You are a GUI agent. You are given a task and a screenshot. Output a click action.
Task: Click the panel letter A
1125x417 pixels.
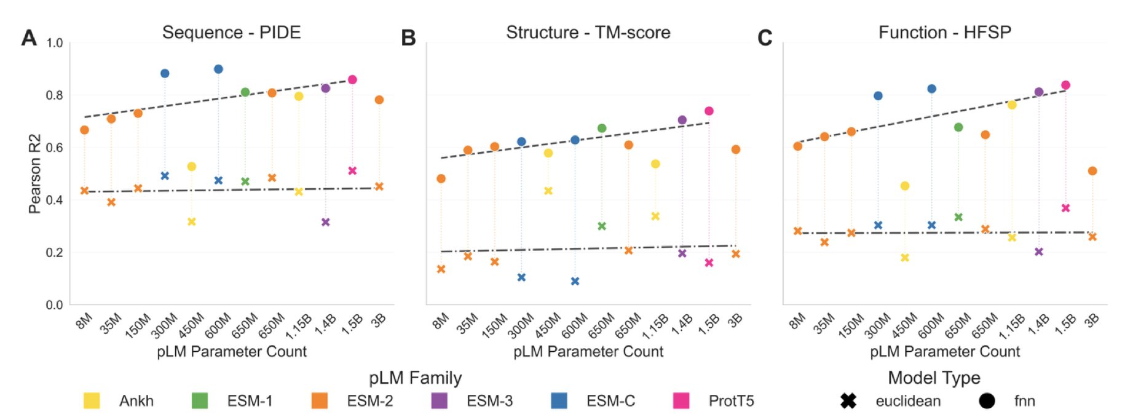[29, 38]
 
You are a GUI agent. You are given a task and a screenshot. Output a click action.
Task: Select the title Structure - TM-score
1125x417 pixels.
[588, 33]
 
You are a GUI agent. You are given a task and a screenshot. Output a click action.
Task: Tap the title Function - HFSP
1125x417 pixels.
[944, 33]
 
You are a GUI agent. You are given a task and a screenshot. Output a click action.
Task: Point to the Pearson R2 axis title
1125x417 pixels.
[34, 173]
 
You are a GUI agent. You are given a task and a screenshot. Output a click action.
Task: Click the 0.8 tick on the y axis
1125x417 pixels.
[55, 95]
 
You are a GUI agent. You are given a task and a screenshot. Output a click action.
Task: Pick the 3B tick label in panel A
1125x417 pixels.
[379, 320]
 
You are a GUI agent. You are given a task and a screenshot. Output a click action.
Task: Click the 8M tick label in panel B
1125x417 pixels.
[441, 320]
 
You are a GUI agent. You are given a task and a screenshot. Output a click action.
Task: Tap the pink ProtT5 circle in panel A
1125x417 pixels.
[352, 79]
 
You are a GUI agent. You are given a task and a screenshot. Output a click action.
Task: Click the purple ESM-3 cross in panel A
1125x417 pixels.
[326, 222]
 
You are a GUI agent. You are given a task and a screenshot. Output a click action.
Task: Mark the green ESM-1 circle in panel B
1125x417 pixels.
[602, 128]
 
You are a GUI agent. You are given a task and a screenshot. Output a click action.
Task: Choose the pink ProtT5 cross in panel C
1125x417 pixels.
[1066, 208]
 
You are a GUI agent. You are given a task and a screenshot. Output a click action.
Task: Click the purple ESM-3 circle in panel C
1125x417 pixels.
[1039, 92]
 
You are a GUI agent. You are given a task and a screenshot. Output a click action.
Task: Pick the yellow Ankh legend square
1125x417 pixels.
[92, 401]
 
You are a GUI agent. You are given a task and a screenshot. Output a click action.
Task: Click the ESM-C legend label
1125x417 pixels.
[610, 401]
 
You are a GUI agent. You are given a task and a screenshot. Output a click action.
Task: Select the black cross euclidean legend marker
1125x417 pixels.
[848, 401]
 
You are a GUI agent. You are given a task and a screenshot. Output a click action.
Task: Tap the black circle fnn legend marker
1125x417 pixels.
[987, 401]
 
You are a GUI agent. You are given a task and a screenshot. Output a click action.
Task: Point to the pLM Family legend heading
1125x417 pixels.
[415, 378]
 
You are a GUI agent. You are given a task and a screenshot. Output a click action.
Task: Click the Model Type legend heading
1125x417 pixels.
[934, 378]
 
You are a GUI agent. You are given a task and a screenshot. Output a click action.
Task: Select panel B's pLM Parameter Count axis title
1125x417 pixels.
[588, 351]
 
